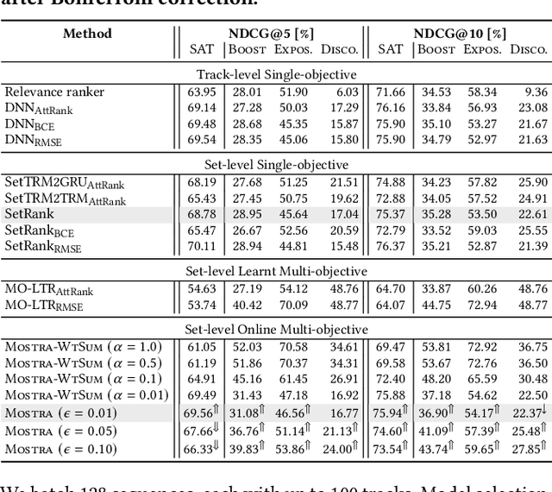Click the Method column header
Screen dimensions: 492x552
[x=87, y=34]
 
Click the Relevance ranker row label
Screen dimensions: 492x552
[x=54, y=92]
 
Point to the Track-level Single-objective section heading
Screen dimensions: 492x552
[x=276, y=74]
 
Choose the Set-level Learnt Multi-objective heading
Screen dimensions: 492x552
[x=276, y=271]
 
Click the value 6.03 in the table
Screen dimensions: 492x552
[x=347, y=92]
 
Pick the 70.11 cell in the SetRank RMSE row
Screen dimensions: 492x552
[x=202, y=246]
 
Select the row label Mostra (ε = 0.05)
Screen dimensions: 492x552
[x=60, y=432]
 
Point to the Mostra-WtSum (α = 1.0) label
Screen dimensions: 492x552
[x=72, y=347]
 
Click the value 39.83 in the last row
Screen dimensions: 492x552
[x=248, y=449]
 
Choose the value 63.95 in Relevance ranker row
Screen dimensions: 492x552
[x=202, y=92]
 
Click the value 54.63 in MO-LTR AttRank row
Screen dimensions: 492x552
[x=202, y=289]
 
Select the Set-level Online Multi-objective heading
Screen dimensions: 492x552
[x=276, y=330]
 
